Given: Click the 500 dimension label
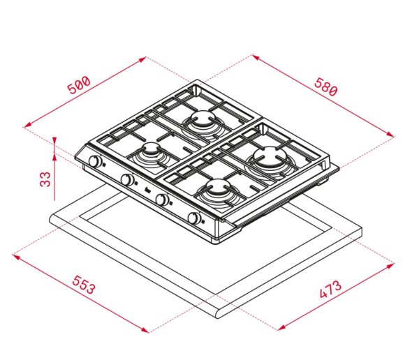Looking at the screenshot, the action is click(79, 85).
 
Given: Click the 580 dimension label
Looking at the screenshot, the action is click(326, 87).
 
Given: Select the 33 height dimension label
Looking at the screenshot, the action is click(45, 179).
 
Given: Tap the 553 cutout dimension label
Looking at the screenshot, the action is click(84, 285).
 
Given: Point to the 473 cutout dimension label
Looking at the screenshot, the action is click(330, 289).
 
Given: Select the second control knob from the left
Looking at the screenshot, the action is click(128, 179).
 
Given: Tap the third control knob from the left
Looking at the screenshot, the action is click(162, 200).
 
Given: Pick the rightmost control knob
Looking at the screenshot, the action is click(194, 218).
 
